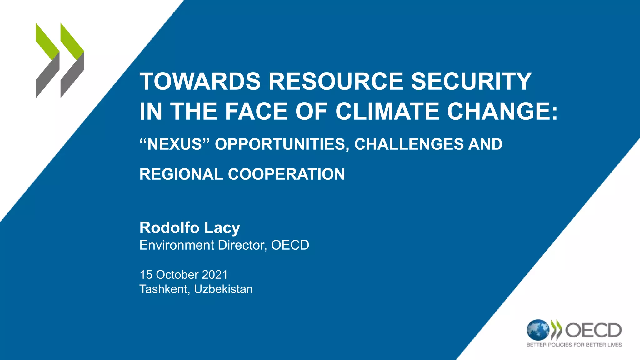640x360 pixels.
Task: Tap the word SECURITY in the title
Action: [x=471, y=81]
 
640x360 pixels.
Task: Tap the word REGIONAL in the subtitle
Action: [x=181, y=174]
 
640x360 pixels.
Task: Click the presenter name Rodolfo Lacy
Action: [x=190, y=228]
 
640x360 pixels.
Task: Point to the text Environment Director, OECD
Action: [x=224, y=245]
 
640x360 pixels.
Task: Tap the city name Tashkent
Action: [x=164, y=289]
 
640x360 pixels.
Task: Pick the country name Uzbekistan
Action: [x=223, y=289]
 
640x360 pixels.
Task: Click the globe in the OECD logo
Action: [x=537, y=330]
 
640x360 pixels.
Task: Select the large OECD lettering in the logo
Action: [x=593, y=330]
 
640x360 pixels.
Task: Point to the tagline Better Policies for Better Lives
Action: [x=574, y=345]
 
